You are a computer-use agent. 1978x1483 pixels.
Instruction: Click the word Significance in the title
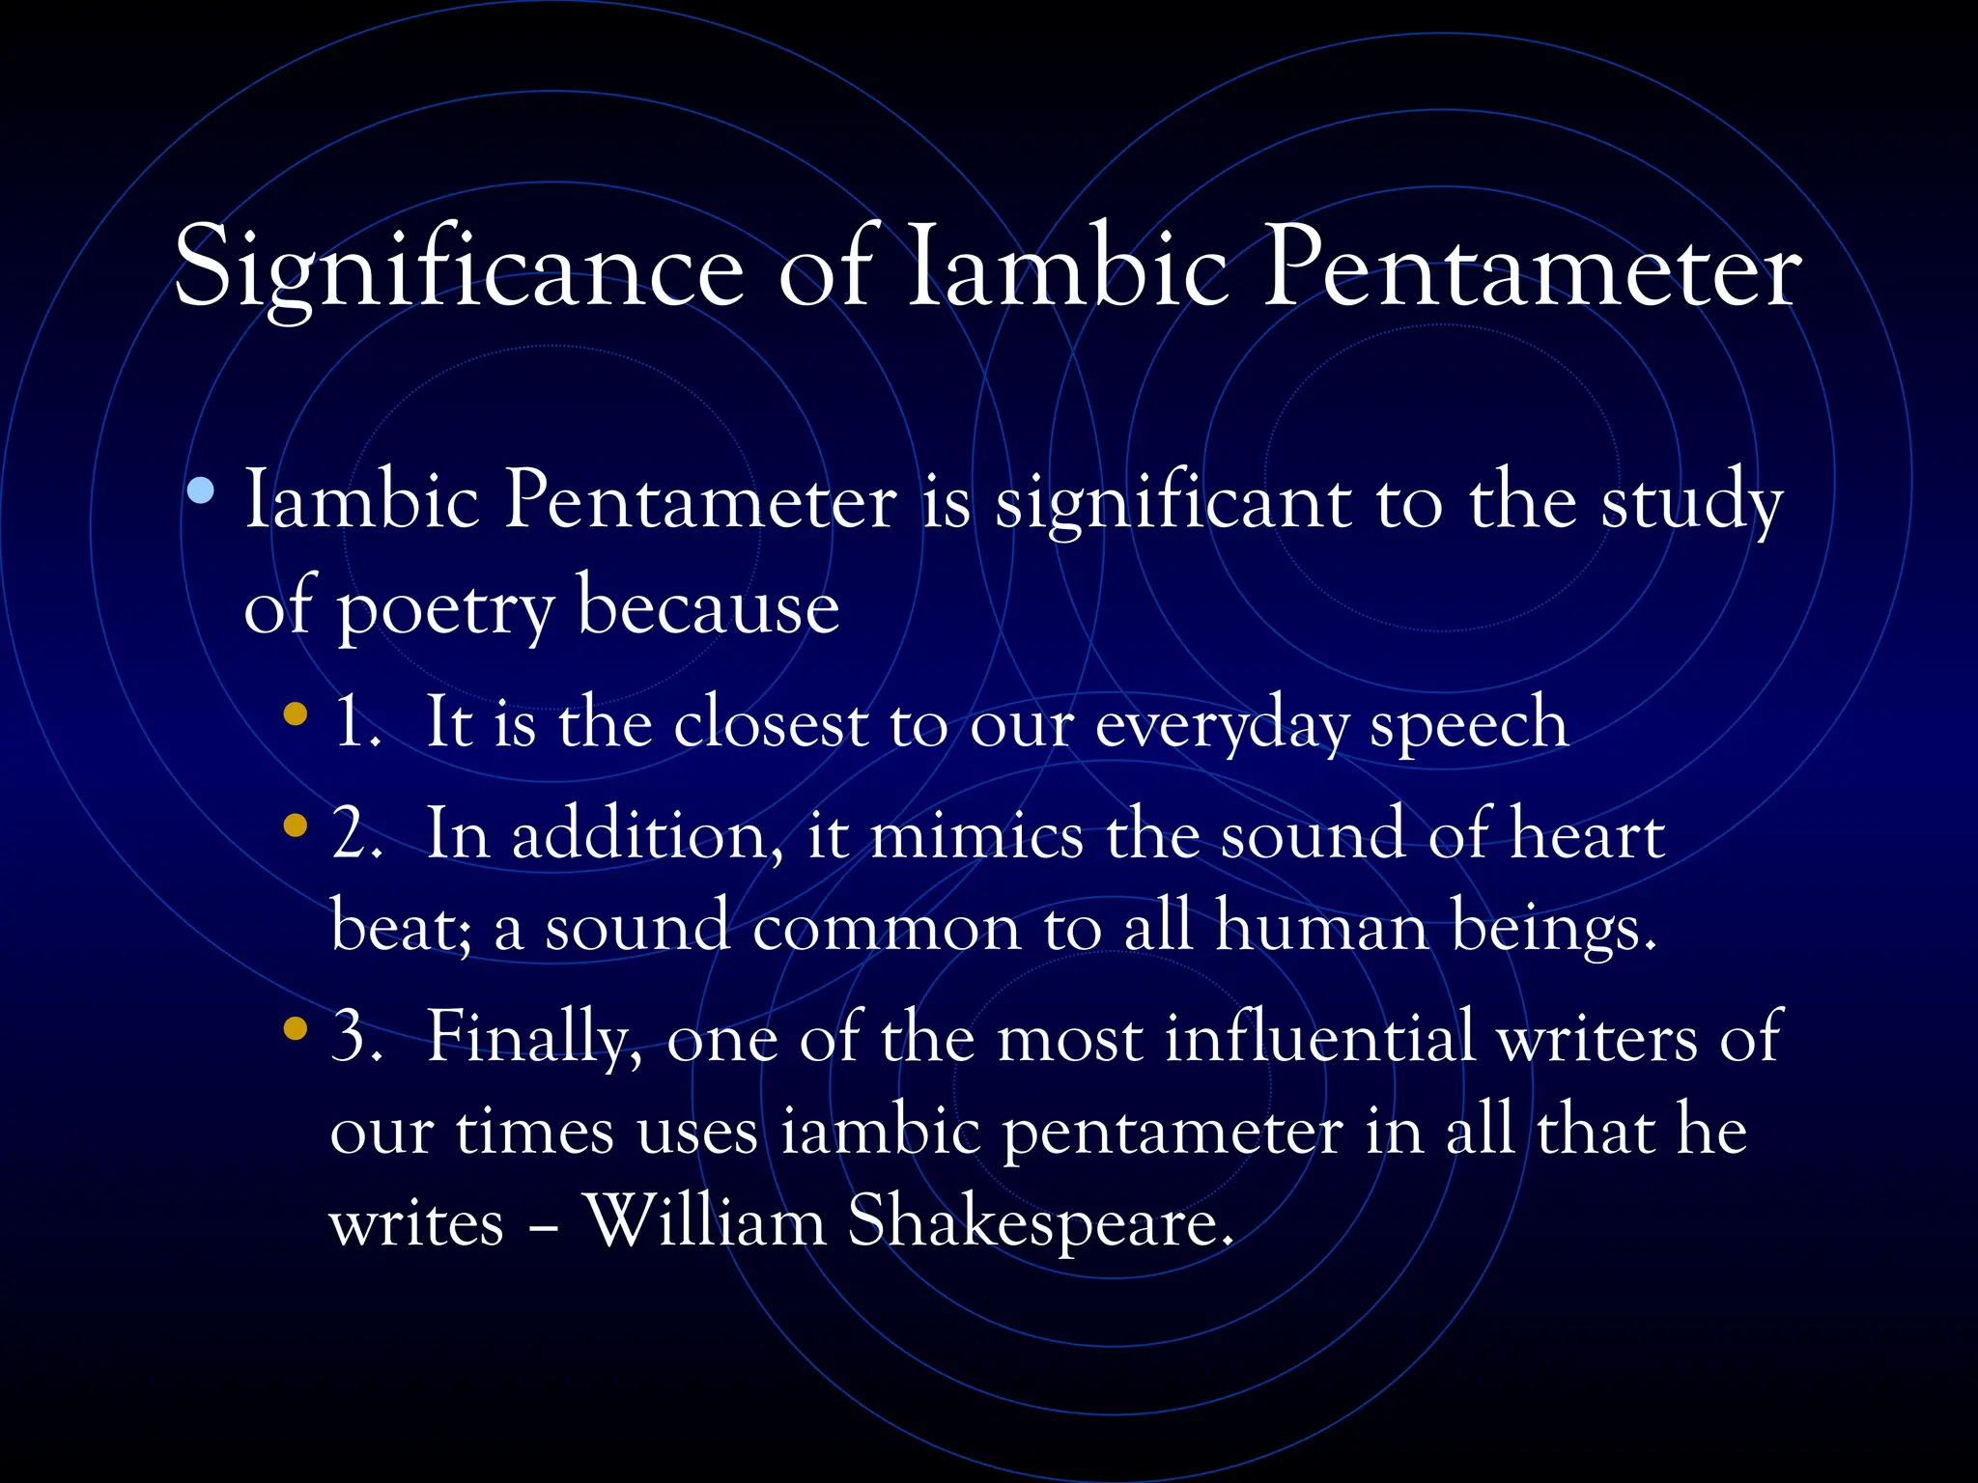click(459, 268)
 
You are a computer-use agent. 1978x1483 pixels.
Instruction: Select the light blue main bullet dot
click(201, 492)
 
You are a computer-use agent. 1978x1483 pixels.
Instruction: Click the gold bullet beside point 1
click(296, 715)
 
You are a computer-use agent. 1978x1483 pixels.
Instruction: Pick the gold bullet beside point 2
click(296, 826)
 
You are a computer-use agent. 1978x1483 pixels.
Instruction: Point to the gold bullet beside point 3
click(296, 1029)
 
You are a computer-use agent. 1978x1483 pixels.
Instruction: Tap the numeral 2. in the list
click(357, 834)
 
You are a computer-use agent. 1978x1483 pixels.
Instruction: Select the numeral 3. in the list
click(357, 1037)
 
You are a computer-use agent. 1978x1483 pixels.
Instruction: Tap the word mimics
click(976, 834)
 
